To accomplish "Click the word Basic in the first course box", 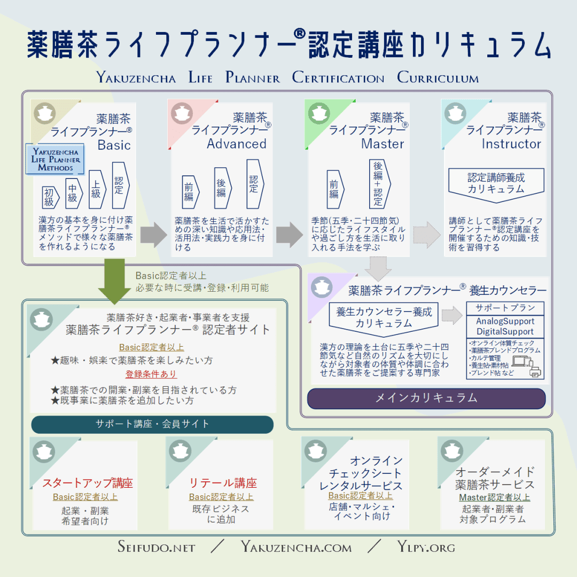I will pyautogui.click(x=114, y=145).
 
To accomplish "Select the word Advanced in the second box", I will pyautogui.click(x=237, y=144).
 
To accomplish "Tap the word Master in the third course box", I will pyautogui.click(x=383, y=144).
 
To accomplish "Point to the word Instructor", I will pyautogui.click(x=511, y=144).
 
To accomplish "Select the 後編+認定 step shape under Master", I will pyautogui.click(x=378, y=183).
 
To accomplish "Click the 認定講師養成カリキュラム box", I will pyautogui.click(x=496, y=184).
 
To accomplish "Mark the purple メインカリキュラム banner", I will pyautogui.click(x=426, y=398).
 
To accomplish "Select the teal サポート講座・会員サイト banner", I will pyautogui.click(x=152, y=424).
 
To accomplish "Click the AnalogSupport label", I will pyautogui.click(x=505, y=321).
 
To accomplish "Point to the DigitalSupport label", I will pyautogui.click(x=505, y=332).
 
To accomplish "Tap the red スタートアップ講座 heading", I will pyautogui.click(x=88, y=483).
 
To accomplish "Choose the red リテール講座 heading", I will pyautogui.click(x=223, y=483).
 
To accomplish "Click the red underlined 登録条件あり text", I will pyautogui.click(x=151, y=374).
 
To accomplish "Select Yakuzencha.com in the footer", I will pyautogui.click(x=296, y=547).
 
